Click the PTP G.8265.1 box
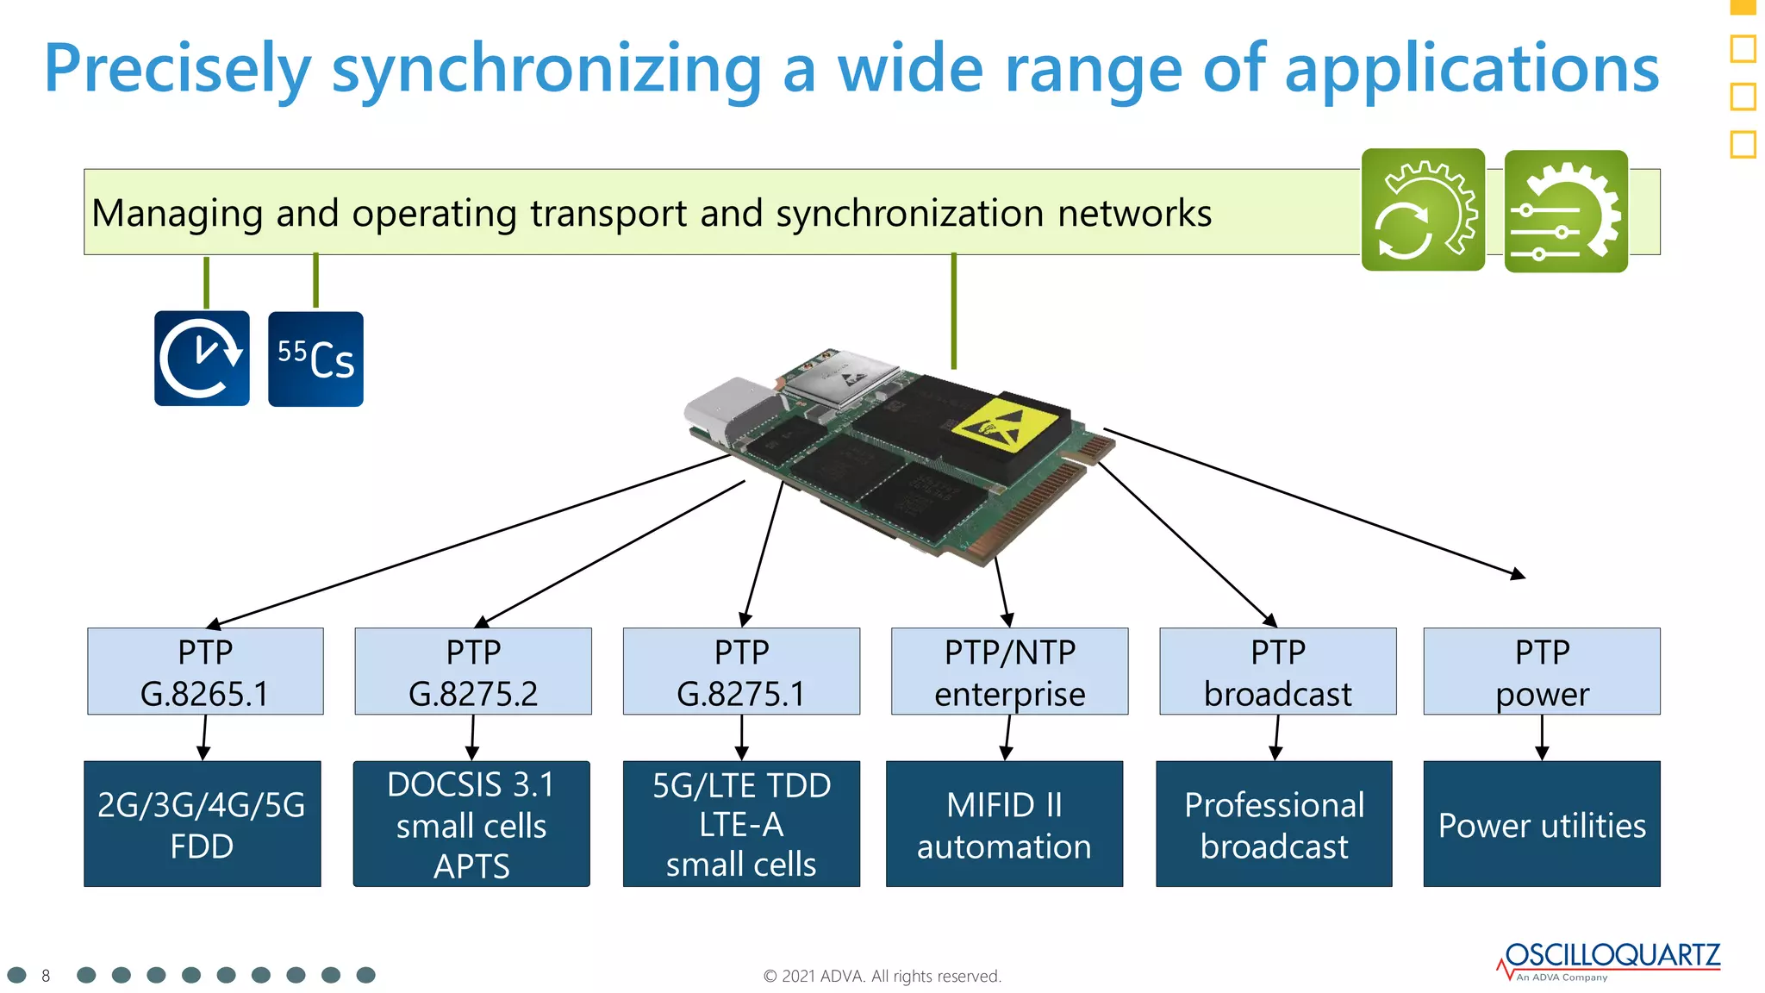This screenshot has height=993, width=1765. pos(205,671)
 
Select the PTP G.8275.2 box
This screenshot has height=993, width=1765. pos(473,671)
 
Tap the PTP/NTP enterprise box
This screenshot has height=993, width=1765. pos(1009,671)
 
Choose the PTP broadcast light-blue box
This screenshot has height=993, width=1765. pos(1277,671)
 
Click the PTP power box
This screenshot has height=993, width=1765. pos(1542,671)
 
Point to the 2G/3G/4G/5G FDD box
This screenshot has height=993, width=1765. pos(202,824)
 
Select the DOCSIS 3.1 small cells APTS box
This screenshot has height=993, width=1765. pos(471,824)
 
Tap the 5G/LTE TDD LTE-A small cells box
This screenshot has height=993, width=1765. pos(741,824)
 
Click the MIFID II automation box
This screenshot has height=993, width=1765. pos(1004,824)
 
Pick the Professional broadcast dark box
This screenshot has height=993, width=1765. pos(1274,824)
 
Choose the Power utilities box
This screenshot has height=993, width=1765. pos(1542,824)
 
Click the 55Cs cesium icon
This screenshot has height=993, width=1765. pos(315,359)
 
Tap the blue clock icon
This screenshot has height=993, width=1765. pos(202,359)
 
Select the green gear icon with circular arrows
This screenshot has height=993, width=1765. pos(1423,210)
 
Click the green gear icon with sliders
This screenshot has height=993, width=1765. pos(1566,211)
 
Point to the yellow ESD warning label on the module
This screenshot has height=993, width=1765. pos(1004,424)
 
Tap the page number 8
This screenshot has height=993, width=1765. pos(46,976)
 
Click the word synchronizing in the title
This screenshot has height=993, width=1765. pos(546,69)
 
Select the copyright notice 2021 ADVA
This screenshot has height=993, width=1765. pos(882,976)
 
